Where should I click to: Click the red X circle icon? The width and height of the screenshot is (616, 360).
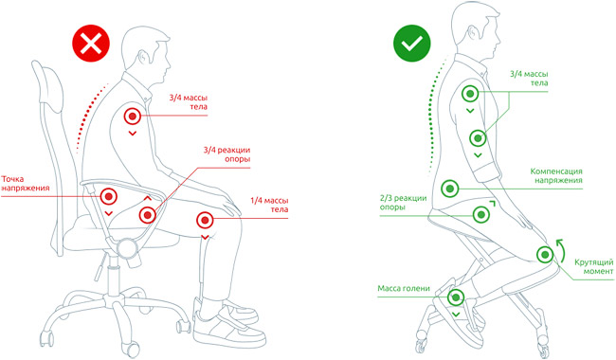(91, 44)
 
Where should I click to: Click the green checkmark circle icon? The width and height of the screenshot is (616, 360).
(412, 44)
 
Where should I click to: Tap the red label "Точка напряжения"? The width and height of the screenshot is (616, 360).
(26, 184)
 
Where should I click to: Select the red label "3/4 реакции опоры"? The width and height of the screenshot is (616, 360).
(226, 154)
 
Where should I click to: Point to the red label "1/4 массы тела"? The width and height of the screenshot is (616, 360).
(269, 205)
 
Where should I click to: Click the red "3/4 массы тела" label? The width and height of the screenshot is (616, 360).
(189, 101)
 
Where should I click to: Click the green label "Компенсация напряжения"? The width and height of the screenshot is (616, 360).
(556, 175)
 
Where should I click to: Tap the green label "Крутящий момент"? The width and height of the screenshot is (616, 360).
(593, 266)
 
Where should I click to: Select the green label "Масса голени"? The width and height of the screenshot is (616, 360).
(404, 289)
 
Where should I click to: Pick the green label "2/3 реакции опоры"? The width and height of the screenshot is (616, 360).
(403, 203)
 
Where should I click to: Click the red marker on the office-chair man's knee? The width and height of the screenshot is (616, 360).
(205, 220)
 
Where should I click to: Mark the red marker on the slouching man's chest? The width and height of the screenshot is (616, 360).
(133, 117)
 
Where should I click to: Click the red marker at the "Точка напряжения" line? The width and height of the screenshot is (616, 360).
(109, 196)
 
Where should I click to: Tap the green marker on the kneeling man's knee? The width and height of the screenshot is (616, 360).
(545, 255)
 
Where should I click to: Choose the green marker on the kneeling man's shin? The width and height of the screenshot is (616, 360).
(456, 297)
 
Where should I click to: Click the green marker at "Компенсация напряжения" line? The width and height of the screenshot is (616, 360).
(450, 189)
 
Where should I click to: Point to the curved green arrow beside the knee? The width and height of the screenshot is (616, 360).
(563, 250)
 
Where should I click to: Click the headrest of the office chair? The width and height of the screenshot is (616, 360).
(48, 83)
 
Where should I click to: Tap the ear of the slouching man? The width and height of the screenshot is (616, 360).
(143, 58)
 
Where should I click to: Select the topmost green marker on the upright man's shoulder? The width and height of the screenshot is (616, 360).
(469, 94)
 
